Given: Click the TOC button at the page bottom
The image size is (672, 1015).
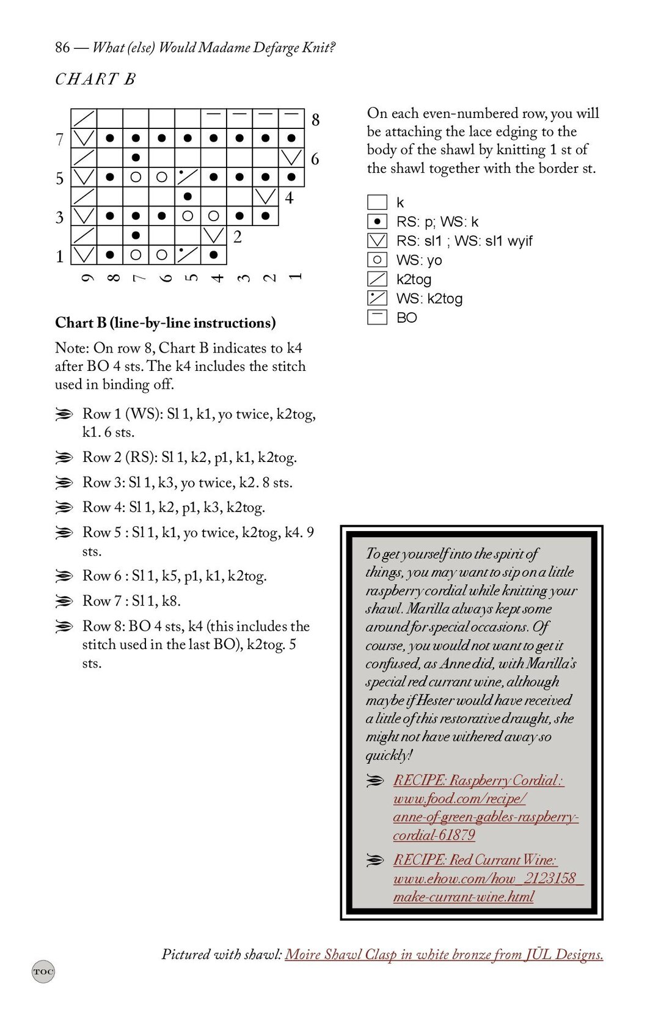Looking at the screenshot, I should pos(43,971).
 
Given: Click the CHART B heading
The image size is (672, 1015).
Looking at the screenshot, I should pos(95,79).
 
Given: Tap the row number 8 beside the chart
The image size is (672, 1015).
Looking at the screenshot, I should pos(315,120).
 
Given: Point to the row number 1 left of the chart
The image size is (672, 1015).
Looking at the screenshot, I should pos(60,256).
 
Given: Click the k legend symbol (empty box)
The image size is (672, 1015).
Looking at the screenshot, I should pos(377,202).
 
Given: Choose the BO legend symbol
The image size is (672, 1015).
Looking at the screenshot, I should pos(377,317).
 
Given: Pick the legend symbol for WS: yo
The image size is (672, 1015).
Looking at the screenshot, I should pos(377,260).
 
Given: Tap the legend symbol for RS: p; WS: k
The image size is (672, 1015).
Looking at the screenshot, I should pos(377,221).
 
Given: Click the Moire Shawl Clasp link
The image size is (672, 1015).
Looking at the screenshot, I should pos(444,954).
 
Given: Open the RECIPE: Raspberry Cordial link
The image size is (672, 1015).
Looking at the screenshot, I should pos(478,780).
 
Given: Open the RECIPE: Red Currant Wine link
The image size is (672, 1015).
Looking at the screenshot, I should pos(475,860).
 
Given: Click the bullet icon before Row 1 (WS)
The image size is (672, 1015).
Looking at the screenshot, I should pos(64,415).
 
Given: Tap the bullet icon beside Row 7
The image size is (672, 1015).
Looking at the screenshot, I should pos(64,601).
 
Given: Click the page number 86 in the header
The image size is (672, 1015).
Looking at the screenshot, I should pos(62,48).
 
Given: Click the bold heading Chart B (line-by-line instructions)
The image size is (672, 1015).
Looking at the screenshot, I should pos(165,323).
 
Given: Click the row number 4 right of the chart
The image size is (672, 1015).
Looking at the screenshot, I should pos(289,198).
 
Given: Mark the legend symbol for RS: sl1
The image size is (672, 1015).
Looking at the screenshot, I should pos(377,241).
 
